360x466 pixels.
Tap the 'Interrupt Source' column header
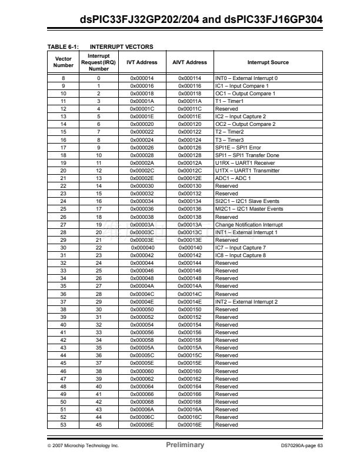pos(268,62)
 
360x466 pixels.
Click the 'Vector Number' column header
pos(63,62)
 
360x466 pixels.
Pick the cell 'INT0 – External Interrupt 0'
pos(246,78)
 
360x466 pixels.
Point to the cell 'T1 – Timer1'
pos(229,101)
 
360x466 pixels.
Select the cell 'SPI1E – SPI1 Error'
pos(238,148)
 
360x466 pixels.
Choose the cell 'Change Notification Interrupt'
pos(249,225)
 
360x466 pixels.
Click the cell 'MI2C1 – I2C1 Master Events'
pos(249,209)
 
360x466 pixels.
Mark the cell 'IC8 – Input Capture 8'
pos(241,255)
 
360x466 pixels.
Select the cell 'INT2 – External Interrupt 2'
pos(246,302)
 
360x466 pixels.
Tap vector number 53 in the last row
pos(63,425)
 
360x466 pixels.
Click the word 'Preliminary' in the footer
pos(185,445)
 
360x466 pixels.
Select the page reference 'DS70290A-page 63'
pos(302,445)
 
